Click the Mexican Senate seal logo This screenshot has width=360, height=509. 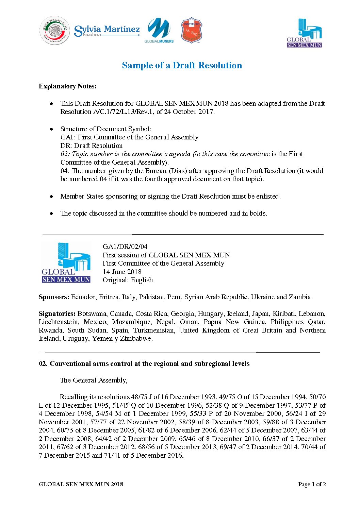coord(54,31)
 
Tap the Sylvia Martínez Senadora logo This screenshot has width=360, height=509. coord(107,31)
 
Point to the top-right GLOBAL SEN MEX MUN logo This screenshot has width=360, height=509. coord(304,33)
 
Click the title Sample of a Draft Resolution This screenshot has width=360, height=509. coord(182,65)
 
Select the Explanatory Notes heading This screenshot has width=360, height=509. coord(68,86)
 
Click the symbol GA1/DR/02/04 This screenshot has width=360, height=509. coord(125,247)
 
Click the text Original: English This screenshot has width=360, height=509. coord(128,280)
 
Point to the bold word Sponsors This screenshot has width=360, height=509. coord(54,297)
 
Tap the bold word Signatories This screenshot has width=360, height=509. coord(57,313)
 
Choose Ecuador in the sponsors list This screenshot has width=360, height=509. coord(83,297)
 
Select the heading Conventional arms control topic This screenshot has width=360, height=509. coord(144,364)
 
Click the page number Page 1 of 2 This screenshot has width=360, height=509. coord(312,484)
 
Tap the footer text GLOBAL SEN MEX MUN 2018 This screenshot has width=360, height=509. coord(81,484)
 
